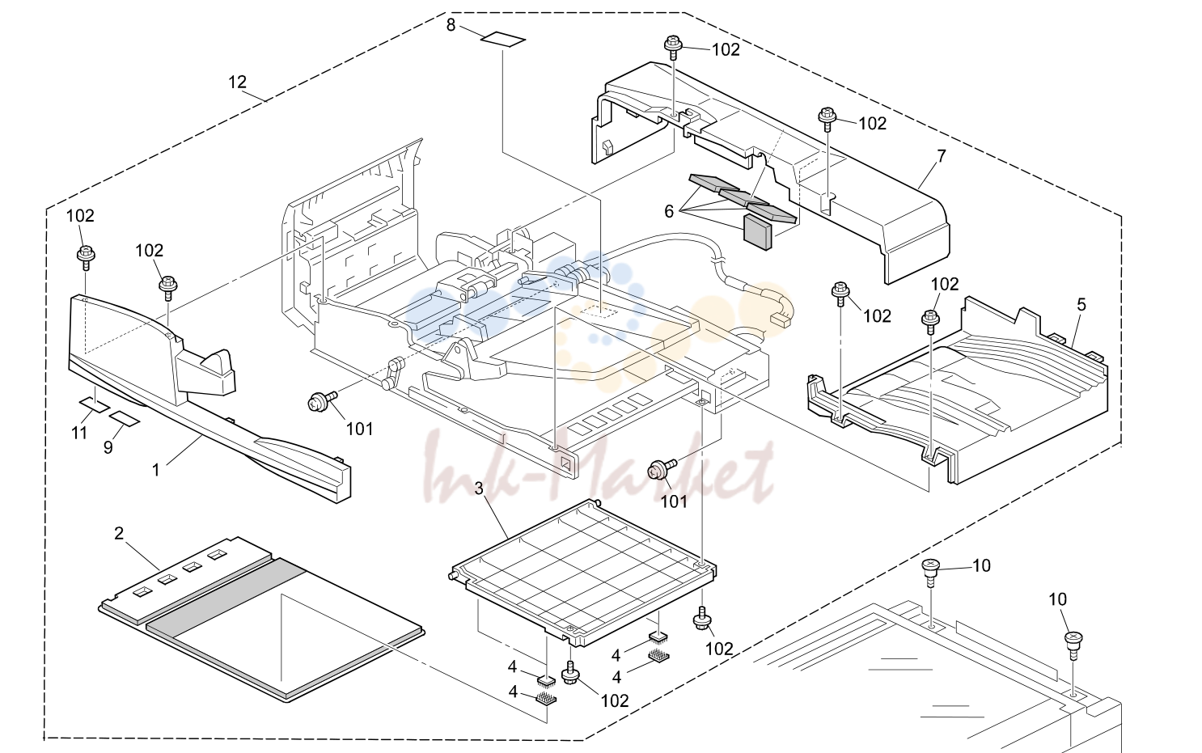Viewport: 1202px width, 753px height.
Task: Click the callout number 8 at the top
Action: click(451, 25)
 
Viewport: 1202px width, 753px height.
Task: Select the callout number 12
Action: click(237, 82)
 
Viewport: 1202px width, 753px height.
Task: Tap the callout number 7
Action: click(942, 155)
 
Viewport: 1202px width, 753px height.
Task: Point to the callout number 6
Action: click(669, 211)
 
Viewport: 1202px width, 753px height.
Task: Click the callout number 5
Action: click(1081, 305)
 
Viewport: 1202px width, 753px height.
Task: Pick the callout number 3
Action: click(479, 489)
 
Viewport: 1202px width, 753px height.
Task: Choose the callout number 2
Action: click(119, 533)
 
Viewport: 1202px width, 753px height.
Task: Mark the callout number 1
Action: click(155, 470)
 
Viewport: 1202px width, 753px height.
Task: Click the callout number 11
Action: click(79, 433)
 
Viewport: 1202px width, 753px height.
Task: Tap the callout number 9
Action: click(108, 447)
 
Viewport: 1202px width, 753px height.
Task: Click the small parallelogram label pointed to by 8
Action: click(503, 40)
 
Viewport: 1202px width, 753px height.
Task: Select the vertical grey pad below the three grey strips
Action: click(757, 232)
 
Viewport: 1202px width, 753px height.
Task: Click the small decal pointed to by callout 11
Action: click(93, 404)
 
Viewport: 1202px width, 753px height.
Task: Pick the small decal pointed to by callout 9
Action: click(124, 418)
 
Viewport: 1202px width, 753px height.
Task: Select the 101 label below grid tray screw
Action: click(674, 501)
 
